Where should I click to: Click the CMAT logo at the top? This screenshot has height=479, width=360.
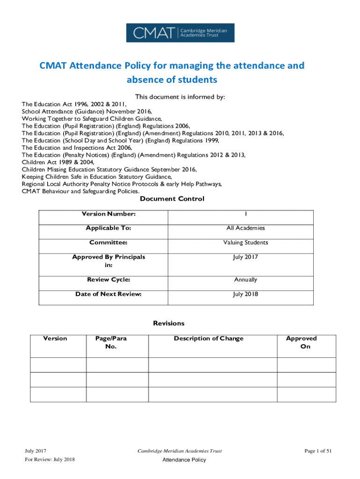click(180, 33)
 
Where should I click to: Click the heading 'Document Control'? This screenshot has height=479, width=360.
click(172, 199)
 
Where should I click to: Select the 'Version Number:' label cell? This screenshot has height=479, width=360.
click(108, 214)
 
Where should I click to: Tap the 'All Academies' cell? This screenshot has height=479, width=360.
click(245, 228)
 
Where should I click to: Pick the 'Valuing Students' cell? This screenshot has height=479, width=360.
click(245, 243)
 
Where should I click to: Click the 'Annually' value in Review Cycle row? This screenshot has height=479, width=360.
click(245, 280)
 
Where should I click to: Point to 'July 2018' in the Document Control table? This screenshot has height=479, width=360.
click(245, 294)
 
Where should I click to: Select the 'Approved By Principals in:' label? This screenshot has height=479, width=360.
click(108, 261)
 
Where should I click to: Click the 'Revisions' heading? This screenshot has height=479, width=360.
click(169, 323)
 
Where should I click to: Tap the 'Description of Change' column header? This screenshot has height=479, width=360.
click(209, 339)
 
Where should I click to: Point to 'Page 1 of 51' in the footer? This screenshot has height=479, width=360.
click(317, 451)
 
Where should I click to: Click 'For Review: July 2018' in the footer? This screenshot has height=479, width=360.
click(50, 460)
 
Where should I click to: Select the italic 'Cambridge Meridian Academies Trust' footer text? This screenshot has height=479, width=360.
click(180, 451)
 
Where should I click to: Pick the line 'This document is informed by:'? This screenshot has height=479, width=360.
click(180, 97)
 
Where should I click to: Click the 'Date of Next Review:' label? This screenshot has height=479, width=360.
click(108, 294)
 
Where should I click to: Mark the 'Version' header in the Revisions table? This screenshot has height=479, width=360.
click(55, 339)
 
